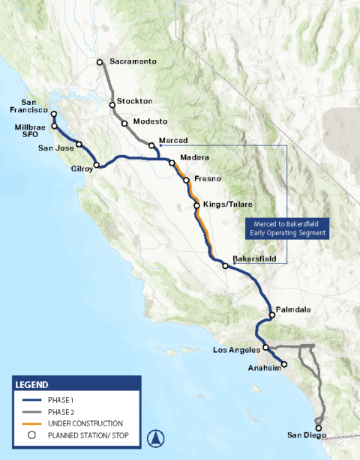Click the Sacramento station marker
[x=100, y=62]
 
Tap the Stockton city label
[x=135, y=101]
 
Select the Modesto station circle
[x=124, y=123]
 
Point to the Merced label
[x=172, y=141]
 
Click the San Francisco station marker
[x=53, y=115]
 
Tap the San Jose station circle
[x=79, y=144]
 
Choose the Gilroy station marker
[x=96, y=165]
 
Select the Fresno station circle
[x=185, y=181]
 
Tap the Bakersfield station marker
[x=225, y=265]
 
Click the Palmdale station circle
[x=271, y=315]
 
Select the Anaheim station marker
[x=286, y=367]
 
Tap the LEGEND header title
[x=31, y=384]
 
